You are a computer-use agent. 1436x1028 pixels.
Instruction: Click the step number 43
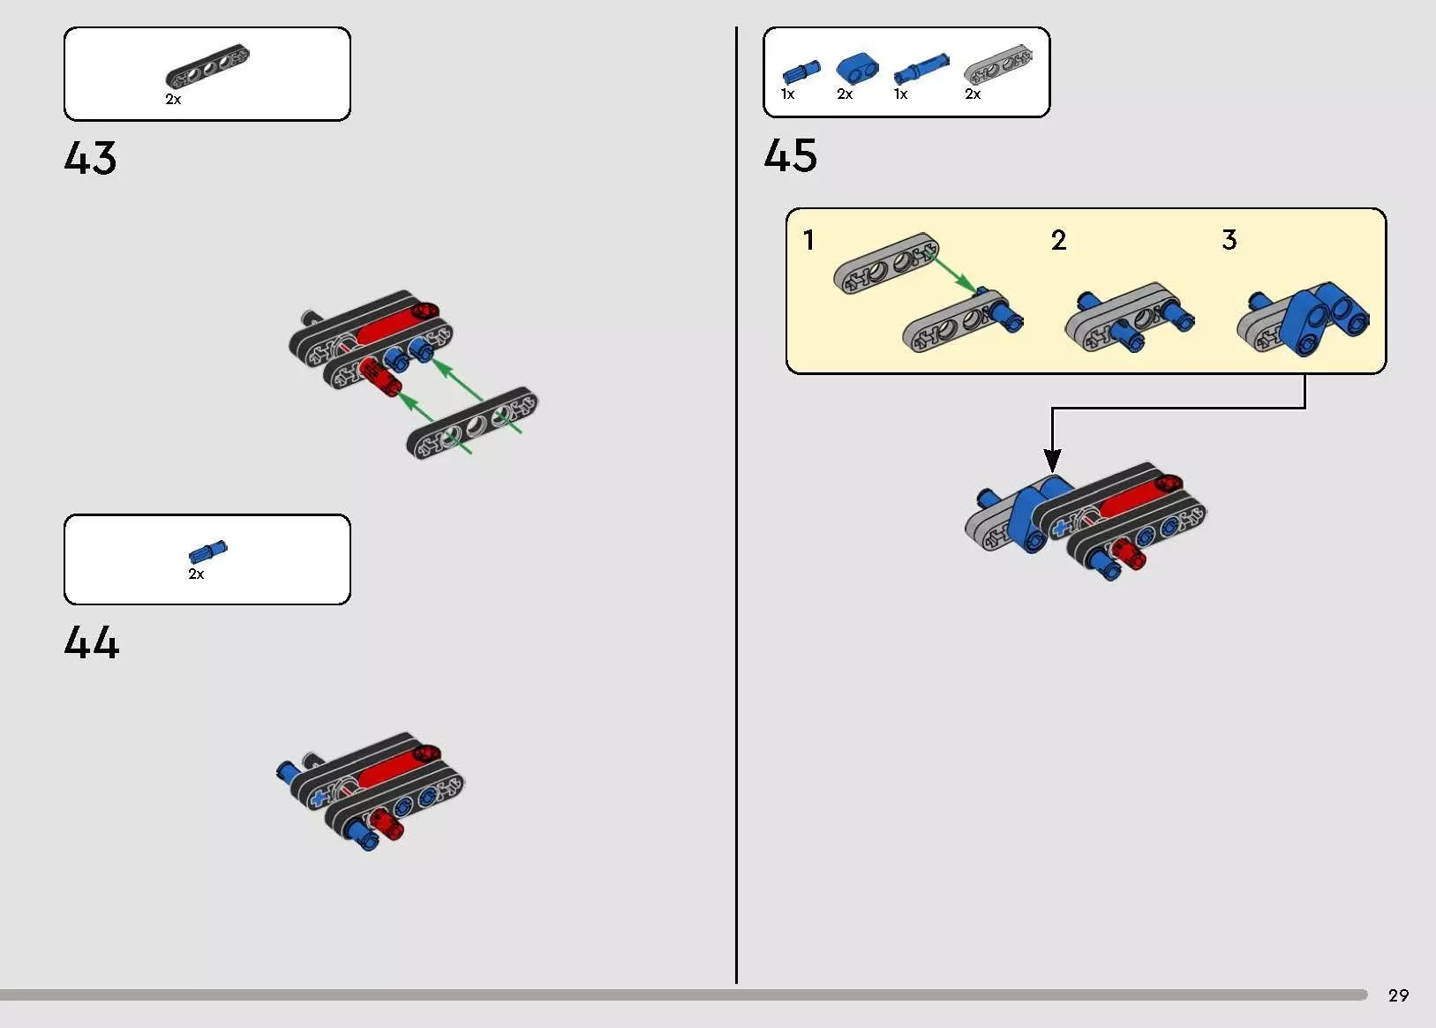pos(90,158)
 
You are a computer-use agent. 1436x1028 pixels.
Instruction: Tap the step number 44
pos(92,642)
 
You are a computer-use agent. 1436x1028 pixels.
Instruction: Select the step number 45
pos(791,155)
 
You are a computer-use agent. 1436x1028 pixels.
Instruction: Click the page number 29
pos(1398,995)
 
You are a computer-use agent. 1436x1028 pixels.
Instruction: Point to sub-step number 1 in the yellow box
pos(808,240)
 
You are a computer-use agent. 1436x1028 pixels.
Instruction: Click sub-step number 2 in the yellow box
pos(1058,240)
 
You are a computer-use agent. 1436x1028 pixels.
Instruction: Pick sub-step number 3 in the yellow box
pos(1229,240)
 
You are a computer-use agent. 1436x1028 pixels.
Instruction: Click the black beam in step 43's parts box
pos(207,65)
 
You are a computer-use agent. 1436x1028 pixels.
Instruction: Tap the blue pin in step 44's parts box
pos(207,552)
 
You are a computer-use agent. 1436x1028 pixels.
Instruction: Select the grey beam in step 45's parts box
pos(998,64)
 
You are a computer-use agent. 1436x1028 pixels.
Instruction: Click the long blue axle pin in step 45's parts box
pos(921,68)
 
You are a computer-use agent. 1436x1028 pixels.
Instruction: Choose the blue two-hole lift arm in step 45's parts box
pos(857,69)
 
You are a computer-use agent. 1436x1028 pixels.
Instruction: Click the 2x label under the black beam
pos(173,100)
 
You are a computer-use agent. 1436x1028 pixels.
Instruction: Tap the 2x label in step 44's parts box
pos(196,574)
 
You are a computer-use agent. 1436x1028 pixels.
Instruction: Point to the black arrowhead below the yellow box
pos(1052,460)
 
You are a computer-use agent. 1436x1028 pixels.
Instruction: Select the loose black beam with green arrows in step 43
pos(472,423)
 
